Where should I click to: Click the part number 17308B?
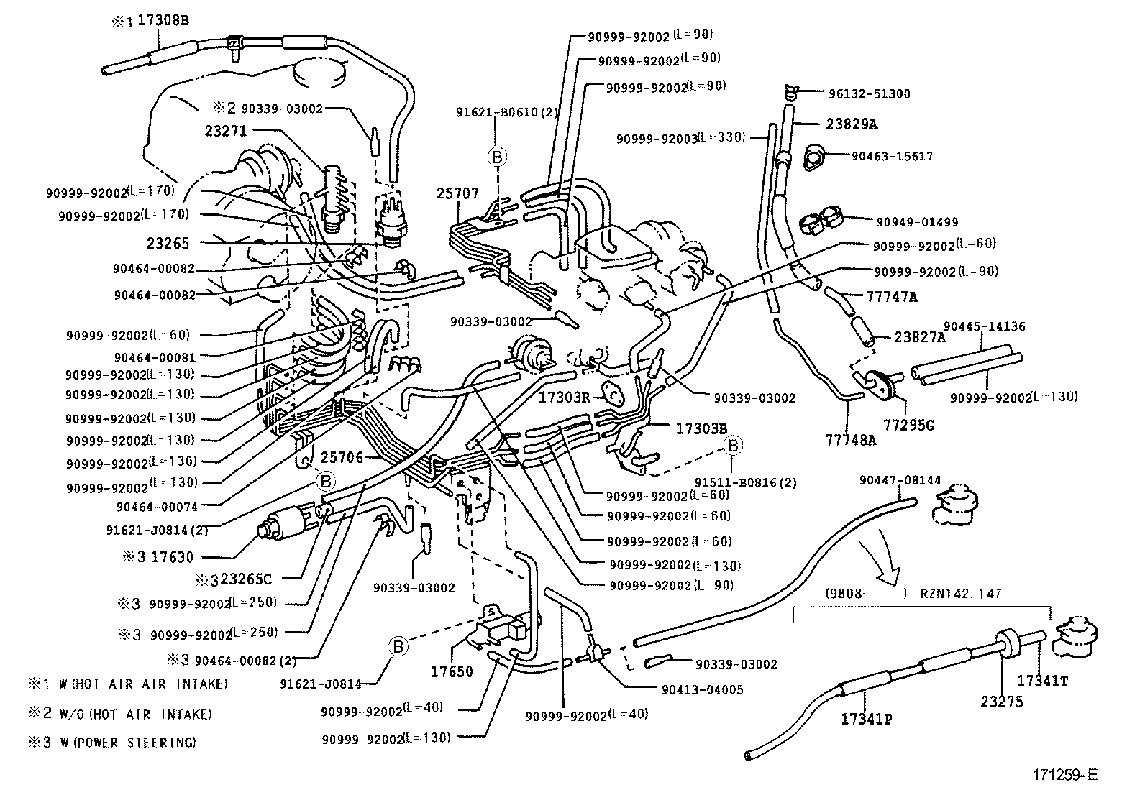163,21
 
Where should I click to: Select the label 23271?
225,131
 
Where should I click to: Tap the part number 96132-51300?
870,93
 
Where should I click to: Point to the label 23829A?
852,124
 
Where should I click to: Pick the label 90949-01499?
917,222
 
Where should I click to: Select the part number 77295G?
908,425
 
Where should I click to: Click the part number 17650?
452,671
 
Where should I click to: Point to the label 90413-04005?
702,689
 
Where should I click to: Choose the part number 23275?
1002,702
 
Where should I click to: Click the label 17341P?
867,718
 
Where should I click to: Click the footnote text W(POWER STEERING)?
132,743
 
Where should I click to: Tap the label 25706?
342,457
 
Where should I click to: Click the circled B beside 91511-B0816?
732,446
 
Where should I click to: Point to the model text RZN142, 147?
961,594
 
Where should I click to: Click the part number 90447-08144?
900,480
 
